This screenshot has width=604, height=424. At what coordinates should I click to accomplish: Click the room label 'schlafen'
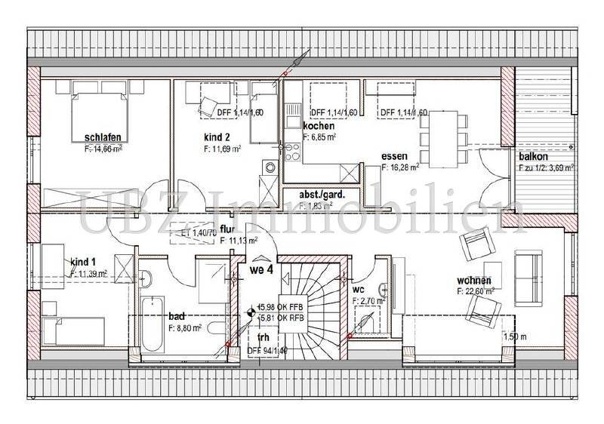(103, 137)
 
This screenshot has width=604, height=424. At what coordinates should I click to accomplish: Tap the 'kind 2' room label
(216, 138)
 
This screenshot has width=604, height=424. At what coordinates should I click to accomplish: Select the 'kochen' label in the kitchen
(319, 126)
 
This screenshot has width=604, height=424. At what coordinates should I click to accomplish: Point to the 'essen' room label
(396, 157)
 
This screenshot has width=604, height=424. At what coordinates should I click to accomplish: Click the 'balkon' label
(533, 156)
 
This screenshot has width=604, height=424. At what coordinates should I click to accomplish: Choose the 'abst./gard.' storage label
(322, 194)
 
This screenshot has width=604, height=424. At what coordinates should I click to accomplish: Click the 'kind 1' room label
(84, 262)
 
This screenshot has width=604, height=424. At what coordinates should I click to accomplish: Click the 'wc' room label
(360, 289)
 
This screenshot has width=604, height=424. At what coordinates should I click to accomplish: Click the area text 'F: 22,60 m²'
(476, 290)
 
